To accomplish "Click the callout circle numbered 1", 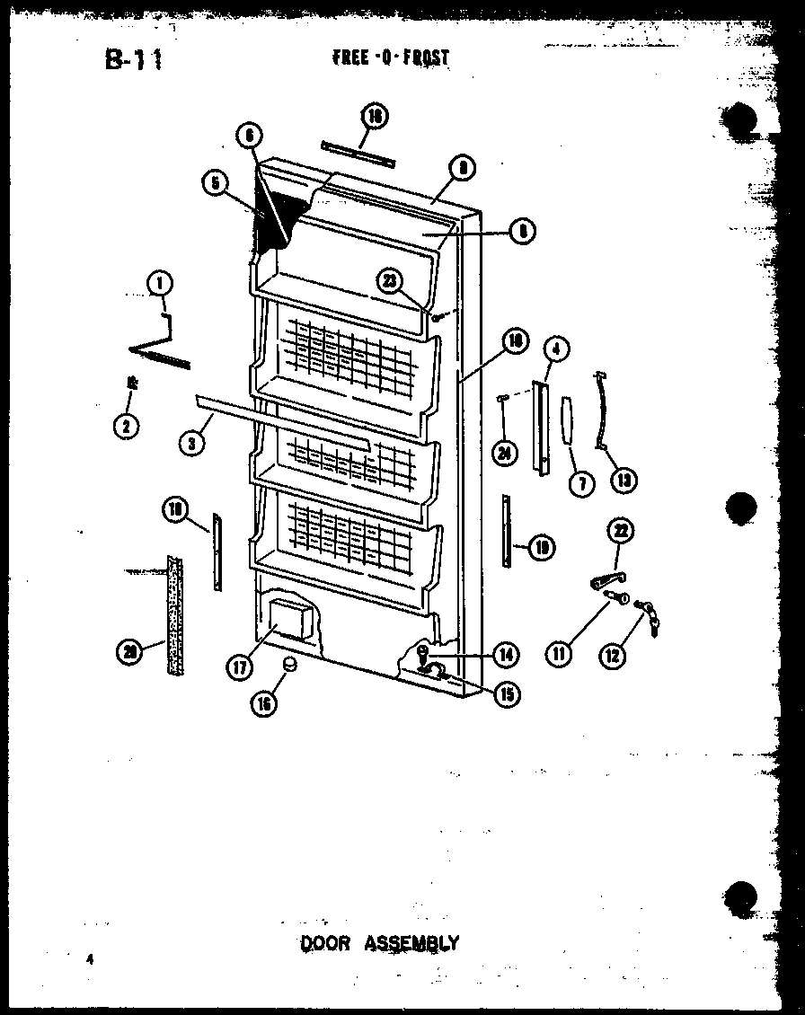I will point(160,286).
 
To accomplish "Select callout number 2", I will point(127,427).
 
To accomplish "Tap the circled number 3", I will point(189,441).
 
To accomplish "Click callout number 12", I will point(613,656).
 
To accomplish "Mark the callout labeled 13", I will point(623,480).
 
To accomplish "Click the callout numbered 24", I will point(504,454).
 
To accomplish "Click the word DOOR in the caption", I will point(325,942).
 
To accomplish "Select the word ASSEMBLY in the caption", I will point(411,942).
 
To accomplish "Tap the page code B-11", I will point(132,60).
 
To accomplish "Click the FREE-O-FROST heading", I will point(390,58).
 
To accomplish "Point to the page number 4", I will point(90,958).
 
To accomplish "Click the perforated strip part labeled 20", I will point(174,615).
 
